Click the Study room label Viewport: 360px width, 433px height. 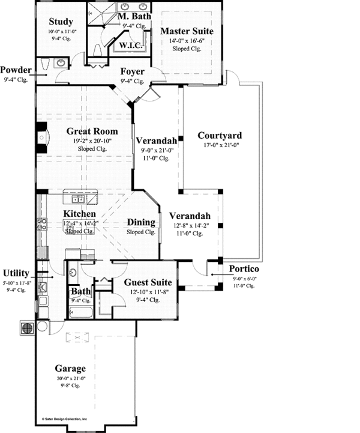point(61,22)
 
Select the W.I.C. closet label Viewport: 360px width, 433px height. point(131,45)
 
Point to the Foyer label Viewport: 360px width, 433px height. point(131,71)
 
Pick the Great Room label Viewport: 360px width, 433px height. point(92,131)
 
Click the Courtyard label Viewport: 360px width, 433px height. point(220,135)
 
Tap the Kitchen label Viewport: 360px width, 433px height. point(79,214)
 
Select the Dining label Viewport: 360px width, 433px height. point(142,222)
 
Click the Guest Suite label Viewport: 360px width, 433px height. point(148,282)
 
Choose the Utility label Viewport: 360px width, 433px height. point(16,273)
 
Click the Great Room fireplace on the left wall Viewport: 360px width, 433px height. point(41,138)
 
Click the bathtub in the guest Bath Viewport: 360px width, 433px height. point(80,312)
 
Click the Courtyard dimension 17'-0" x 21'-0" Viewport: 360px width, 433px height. point(220,144)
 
